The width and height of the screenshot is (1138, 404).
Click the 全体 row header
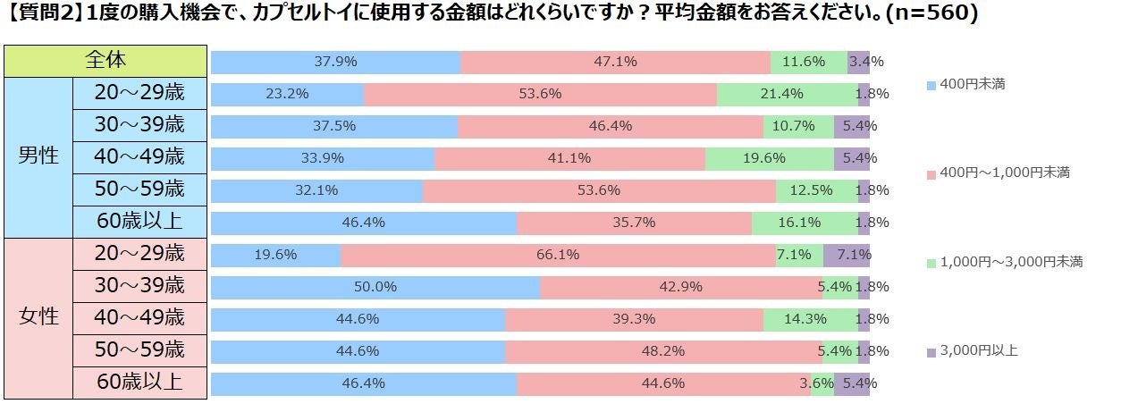pyautogui.click(x=105, y=61)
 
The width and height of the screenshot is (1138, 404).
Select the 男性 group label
pyautogui.click(x=38, y=156)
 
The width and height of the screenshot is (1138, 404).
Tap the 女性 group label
pyautogui.click(x=38, y=316)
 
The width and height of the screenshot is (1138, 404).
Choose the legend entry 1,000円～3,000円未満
pyautogui.click(x=1010, y=262)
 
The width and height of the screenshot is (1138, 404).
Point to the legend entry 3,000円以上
pyautogui.click(x=978, y=350)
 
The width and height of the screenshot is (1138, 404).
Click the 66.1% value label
pyautogui.click(x=557, y=255)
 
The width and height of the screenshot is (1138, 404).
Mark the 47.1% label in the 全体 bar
pyautogui.click(x=614, y=62)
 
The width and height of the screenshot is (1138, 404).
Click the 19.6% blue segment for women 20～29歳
pyautogui.click(x=276, y=255)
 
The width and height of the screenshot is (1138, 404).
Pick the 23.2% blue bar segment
pyautogui.click(x=288, y=94)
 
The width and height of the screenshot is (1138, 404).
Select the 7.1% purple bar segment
pyautogui.click(x=847, y=255)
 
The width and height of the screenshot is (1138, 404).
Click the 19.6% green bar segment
pyautogui.click(x=769, y=158)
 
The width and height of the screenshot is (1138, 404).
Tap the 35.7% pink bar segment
pyautogui.click(x=634, y=223)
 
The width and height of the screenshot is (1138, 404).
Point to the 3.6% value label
pyautogui.click(x=822, y=383)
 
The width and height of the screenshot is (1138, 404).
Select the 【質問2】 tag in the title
pyautogui.click(x=44, y=15)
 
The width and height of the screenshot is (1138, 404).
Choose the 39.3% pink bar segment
pyautogui.click(x=634, y=319)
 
